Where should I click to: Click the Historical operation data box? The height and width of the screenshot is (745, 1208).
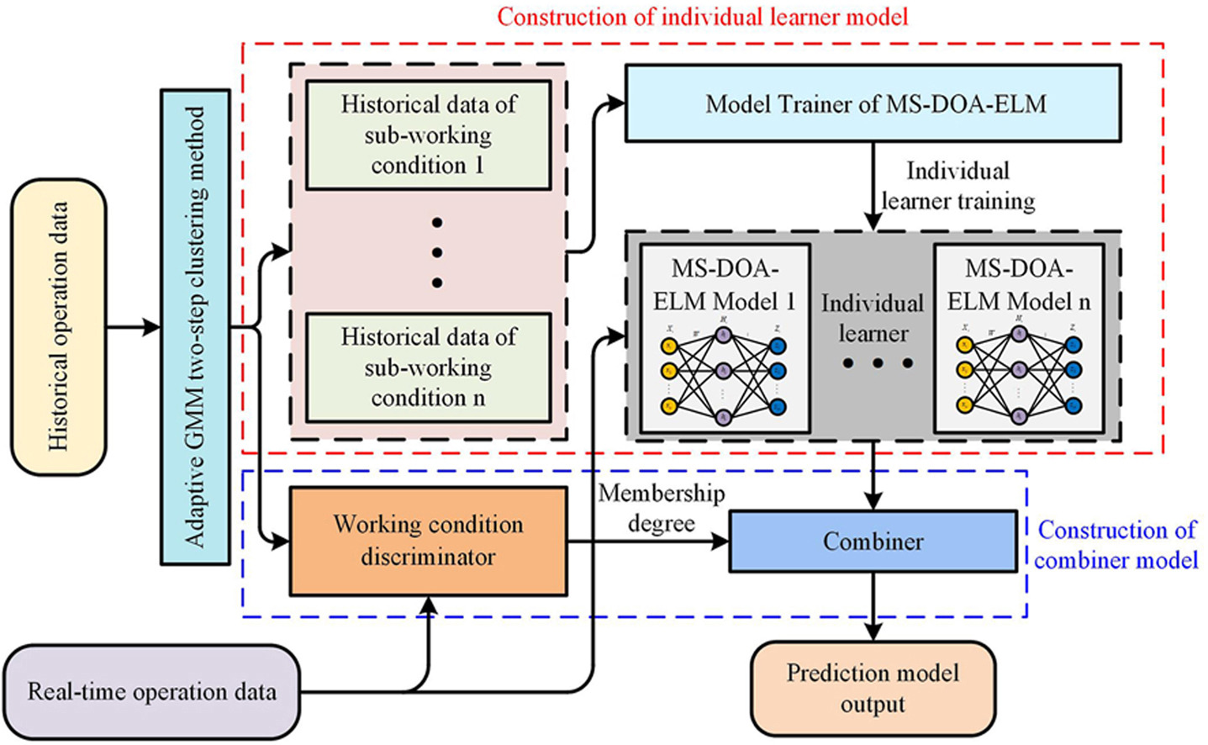[x=58, y=326]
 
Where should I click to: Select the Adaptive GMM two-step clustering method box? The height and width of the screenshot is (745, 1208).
[x=195, y=326]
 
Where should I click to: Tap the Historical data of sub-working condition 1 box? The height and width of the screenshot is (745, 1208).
[x=428, y=135]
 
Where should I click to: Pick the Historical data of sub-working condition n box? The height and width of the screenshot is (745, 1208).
[x=428, y=367]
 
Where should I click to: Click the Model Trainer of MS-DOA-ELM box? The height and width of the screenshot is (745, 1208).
[x=873, y=103]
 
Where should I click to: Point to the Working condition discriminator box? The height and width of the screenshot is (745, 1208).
[x=428, y=541]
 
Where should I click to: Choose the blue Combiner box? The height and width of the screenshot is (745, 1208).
[x=873, y=542]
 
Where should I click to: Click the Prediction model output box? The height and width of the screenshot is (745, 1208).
[x=873, y=688]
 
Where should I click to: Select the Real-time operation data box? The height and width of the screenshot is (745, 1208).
[x=152, y=691]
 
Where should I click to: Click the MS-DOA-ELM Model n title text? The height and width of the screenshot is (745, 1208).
[x=1019, y=285]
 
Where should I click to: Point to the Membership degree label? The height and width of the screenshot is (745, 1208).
[x=662, y=508]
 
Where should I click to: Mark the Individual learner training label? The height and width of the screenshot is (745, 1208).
[x=957, y=186]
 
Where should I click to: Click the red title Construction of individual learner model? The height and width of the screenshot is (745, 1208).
[x=702, y=16]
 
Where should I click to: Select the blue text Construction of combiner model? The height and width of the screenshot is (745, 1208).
[x=1116, y=544]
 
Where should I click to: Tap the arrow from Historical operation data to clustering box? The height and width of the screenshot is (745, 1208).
[x=133, y=326]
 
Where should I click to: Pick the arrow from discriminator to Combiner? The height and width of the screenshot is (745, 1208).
[x=647, y=542]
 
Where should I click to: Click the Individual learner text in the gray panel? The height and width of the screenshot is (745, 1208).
[x=873, y=318]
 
